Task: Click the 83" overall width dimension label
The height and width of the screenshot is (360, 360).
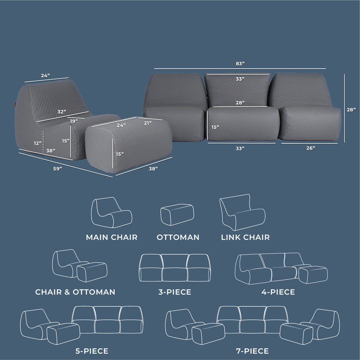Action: [240, 63]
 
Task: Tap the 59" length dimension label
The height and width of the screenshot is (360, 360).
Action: [58, 169]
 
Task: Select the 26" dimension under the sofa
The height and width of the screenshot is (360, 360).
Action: [310, 148]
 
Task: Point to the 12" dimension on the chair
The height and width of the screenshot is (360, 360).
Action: [38, 143]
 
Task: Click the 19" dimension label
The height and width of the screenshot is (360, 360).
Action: [74, 121]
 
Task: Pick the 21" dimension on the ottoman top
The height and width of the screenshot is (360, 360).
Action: [148, 123]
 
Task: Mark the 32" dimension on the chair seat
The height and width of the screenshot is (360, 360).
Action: [61, 111]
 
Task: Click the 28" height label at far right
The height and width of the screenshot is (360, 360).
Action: [351, 109]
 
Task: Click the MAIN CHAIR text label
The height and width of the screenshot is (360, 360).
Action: [112, 237]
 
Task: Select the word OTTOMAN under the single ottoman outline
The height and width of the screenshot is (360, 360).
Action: [178, 237]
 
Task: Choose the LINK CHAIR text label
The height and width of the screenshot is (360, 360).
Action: [245, 237]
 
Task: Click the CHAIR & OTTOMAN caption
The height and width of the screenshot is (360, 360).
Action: [75, 292]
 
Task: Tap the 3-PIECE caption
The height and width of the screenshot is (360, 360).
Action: [175, 292]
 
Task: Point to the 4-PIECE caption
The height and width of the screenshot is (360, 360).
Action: [278, 292]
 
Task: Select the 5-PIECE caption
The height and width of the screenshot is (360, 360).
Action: [92, 351]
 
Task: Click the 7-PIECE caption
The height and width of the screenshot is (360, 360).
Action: [252, 351]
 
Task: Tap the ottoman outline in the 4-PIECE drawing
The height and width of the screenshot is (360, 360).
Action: [313, 274]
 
